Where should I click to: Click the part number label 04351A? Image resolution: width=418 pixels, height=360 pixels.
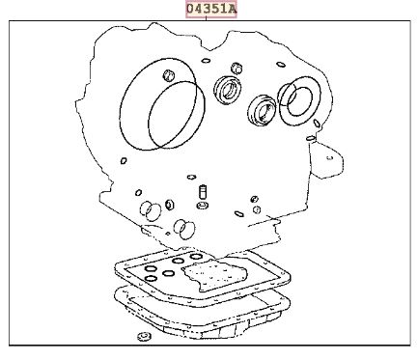point(211,9)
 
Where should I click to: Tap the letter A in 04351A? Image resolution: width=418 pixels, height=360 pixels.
point(233,9)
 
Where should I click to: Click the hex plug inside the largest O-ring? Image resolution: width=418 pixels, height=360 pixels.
point(169,75)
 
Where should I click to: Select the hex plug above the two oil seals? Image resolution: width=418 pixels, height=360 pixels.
point(237,69)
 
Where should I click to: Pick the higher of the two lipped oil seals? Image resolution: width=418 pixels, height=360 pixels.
point(228,90)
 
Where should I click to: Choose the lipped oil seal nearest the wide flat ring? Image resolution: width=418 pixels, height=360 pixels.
point(263,109)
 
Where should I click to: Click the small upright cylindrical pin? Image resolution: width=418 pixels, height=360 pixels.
point(203,191)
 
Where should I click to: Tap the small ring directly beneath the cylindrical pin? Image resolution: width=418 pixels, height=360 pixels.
point(203,205)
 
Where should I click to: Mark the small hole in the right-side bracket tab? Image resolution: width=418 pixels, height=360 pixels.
point(329,157)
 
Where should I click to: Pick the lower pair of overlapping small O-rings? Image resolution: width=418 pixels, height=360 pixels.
point(184,230)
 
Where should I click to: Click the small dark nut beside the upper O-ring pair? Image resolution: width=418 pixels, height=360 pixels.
point(170,205)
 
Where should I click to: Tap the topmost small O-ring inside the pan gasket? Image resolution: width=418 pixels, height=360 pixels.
point(196,257)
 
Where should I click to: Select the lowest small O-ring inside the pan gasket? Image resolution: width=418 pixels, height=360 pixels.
point(151,279)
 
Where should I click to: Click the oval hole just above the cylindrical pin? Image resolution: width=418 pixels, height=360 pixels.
point(191,177)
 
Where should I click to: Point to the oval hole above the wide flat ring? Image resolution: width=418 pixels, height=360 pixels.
point(281,65)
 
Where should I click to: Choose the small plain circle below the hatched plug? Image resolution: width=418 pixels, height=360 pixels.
point(257,209)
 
